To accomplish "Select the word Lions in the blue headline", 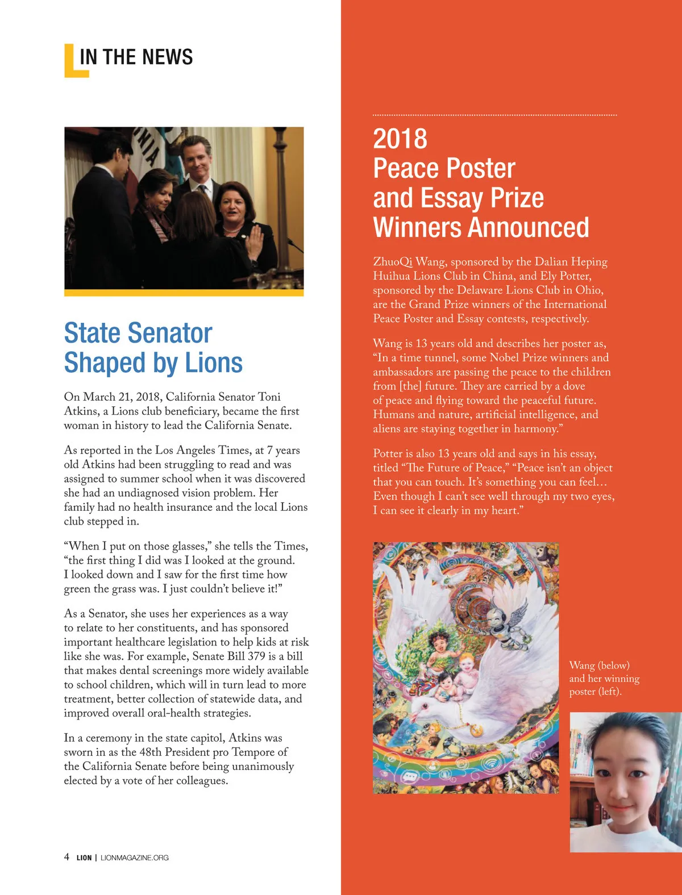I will click(x=214, y=363).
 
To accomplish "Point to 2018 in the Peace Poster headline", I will click(x=400, y=139).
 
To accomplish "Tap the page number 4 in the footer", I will click(x=66, y=857).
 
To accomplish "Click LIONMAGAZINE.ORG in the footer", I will click(x=134, y=857).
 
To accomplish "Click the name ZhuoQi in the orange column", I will click(x=393, y=262).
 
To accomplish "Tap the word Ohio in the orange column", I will click(x=589, y=290).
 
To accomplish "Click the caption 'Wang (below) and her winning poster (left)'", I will click(x=604, y=678).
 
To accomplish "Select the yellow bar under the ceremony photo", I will click(x=184, y=293).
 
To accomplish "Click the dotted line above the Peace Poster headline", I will click(x=494, y=115).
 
